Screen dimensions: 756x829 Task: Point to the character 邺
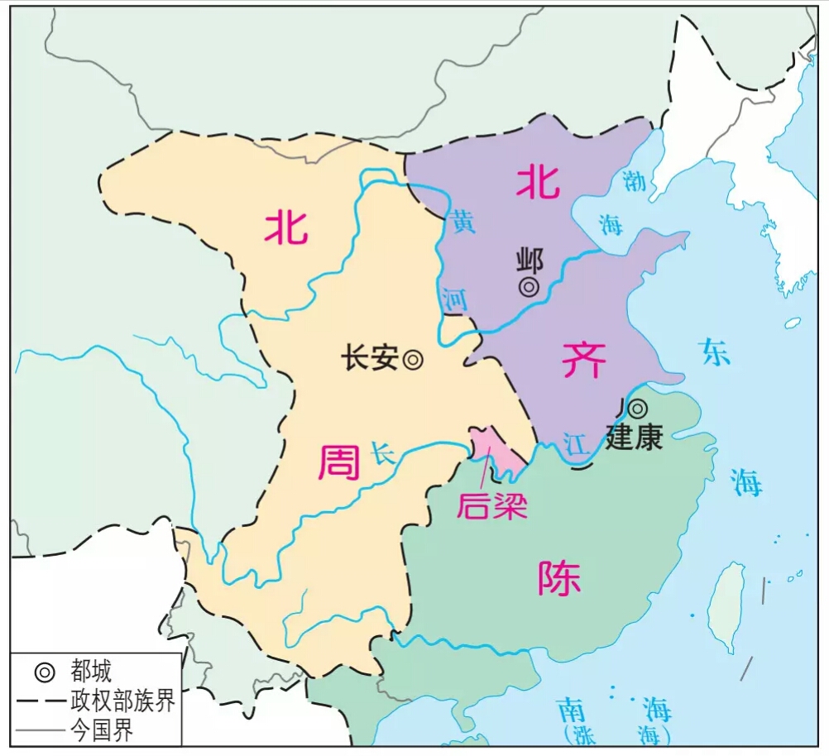[x=529, y=261]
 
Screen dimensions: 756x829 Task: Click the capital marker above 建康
[x=638, y=409]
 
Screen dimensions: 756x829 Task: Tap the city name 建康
[x=635, y=436]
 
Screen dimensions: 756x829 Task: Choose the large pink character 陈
[x=559, y=578]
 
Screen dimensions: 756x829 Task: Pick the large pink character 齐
[x=584, y=359]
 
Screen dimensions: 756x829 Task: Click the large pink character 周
[x=339, y=462]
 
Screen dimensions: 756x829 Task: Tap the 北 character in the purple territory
[x=538, y=182]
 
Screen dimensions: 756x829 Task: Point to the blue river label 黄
[x=462, y=222]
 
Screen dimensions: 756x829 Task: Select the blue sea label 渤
[x=635, y=181]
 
